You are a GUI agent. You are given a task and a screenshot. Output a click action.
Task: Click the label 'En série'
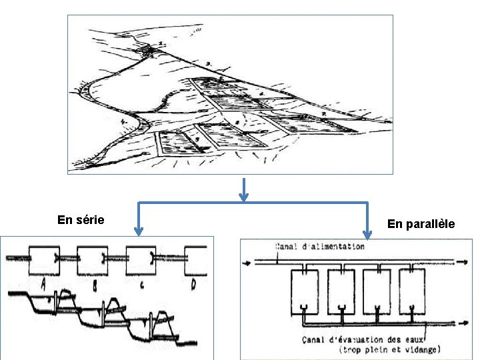(x=81, y=219)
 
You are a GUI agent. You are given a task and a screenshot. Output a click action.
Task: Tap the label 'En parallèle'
(x=421, y=224)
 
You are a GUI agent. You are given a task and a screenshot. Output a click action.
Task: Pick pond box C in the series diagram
(x=141, y=260)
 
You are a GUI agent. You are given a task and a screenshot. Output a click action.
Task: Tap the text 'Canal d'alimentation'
(x=320, y=247)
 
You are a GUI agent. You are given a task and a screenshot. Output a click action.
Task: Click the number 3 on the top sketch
(x=209, y=63)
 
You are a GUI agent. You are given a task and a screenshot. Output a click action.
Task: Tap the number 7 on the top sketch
(x=323, y=115)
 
